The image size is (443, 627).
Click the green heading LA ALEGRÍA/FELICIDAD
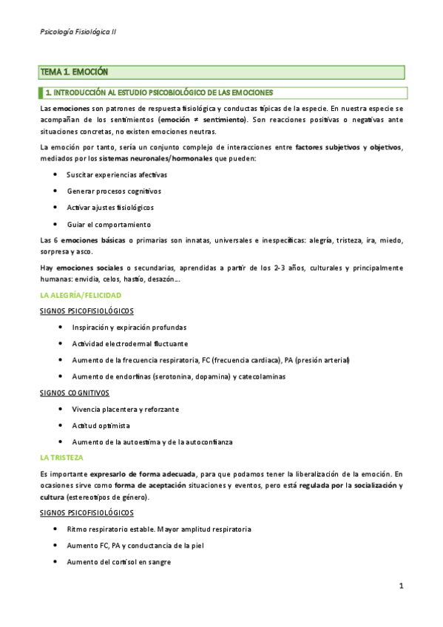click(x=80, y=295)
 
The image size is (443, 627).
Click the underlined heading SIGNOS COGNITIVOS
click(x=74, y=393)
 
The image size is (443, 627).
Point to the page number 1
click(x=400, y=586)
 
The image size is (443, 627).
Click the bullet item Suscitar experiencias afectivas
click(x=117, y=174)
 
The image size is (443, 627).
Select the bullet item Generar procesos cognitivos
click(x=113, y=191)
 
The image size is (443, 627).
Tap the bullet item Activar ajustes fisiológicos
click(x=110, y=208)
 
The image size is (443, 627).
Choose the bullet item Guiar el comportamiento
click(x=109, y=224)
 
